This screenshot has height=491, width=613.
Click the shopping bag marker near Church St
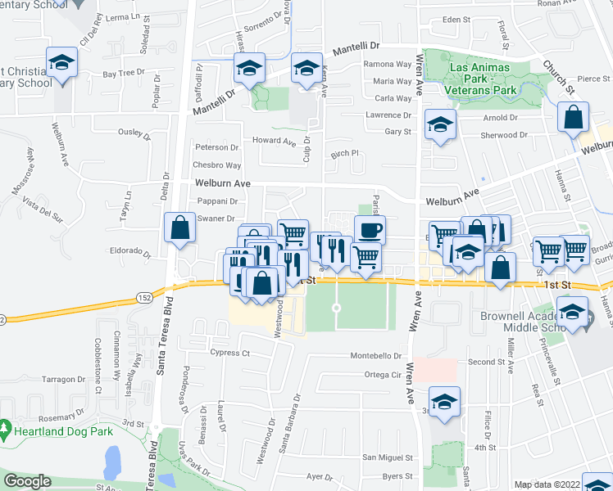[x=573, y=117]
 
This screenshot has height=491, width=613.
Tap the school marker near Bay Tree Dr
[x=61, y=63]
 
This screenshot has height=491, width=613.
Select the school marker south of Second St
[x=445, y=402]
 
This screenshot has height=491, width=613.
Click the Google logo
[x=28, y=482]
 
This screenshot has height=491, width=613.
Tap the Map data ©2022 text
[x=547, y=484]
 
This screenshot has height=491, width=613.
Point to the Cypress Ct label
[x=229, y=353]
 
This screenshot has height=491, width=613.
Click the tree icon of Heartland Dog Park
[x=6, y=428]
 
